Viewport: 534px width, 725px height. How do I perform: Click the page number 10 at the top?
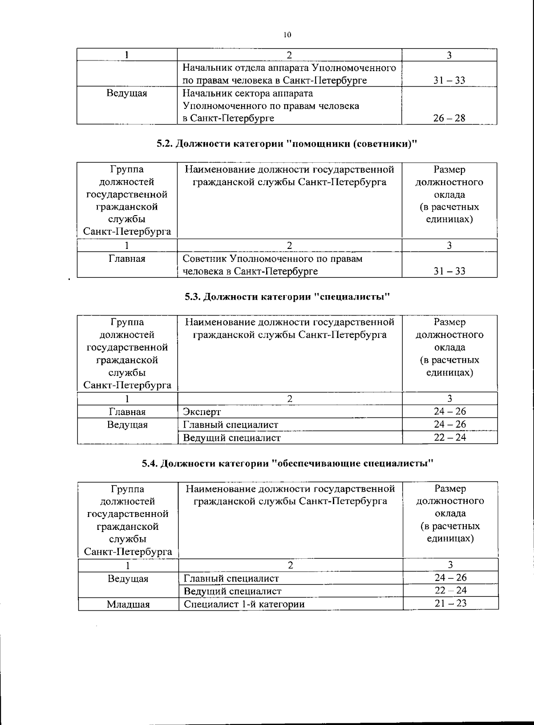(x=287, y=35)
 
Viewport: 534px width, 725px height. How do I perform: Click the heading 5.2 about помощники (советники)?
(x=287, y=144)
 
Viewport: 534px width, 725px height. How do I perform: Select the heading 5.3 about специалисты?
(x=287, y=296)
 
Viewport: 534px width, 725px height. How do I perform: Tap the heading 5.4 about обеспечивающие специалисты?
(x=287, y=464)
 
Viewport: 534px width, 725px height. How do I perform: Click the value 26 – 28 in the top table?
(x=449, y=118)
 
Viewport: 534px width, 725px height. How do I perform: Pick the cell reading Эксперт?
(x=202, y=412)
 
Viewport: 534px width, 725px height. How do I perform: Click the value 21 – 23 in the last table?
(x=450, y=604)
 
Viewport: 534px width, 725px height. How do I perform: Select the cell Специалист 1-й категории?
(x=244, y=604)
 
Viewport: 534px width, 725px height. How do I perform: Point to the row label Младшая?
(x=128, y=604)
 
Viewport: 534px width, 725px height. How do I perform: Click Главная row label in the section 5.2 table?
(x=127, y=259)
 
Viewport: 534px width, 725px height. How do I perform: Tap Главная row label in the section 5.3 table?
(x=127, y=412)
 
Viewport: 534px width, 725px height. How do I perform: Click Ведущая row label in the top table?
(x=127, y=93)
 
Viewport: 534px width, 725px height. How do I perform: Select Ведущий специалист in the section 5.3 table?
(x=232, y=438)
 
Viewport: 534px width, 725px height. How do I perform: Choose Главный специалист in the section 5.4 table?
(x=231, y=578)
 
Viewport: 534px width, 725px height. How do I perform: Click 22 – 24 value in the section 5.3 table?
(x=450, y=437)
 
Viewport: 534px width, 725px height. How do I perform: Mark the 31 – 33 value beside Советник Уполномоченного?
(x=449, y=271)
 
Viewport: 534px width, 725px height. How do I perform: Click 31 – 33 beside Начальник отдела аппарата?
(x=449, y=80)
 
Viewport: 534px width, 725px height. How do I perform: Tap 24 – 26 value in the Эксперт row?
(x=450, y=412)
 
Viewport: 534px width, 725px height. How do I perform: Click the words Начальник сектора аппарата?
(x=248, y=93)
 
